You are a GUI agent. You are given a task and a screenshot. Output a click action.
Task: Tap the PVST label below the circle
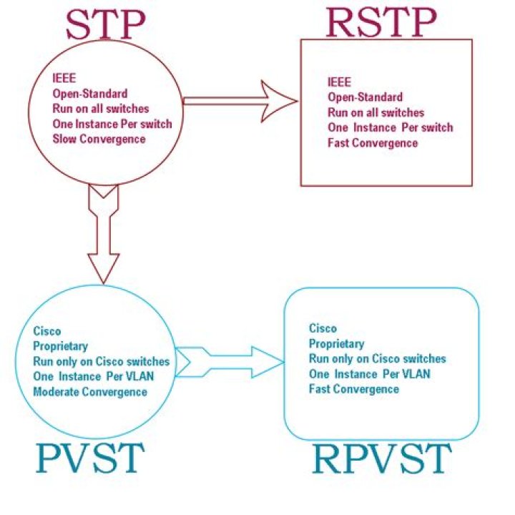click(89, 458)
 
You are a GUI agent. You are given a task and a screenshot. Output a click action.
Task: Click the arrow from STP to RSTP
click(240, 102)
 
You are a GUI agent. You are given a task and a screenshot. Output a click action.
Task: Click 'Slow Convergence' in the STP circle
click(99, 138)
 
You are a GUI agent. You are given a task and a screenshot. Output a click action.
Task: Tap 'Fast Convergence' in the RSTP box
click(372, 143)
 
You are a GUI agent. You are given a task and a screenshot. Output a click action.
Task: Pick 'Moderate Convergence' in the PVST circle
click(90, 391)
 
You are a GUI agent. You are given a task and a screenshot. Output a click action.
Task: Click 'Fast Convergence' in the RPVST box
click(353, 389)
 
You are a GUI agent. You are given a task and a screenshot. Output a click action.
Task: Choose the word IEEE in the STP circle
click(62, 79)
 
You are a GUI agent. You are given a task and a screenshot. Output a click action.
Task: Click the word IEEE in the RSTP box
click(339, 82)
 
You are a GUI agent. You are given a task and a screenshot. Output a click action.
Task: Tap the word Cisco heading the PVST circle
click(47, 331)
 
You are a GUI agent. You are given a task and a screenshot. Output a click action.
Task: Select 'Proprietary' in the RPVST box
click(336, 343)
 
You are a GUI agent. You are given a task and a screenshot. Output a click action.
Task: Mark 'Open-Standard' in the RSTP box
click(365, 97)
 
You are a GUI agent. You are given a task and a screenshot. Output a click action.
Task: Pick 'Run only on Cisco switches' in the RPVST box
click(377, 358)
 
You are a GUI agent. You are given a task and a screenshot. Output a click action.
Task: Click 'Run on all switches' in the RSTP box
click(376, 112)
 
